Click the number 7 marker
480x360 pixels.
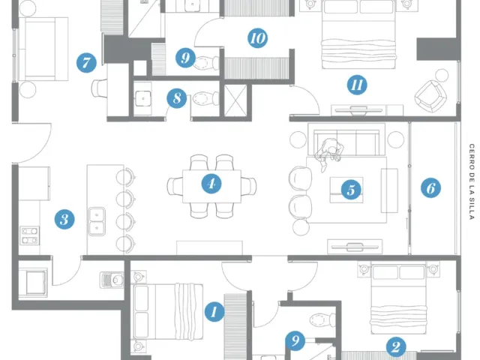tap(86, 63)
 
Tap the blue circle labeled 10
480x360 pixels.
tap(257, 38)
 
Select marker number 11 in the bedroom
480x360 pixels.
tap(357, 85)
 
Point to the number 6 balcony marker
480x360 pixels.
tap(430, 188)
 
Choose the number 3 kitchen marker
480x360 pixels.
tap(64, 219)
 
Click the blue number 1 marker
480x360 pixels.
tap(214, 312)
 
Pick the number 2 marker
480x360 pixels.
tap(396, 346)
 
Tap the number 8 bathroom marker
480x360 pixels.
tap(177, 98)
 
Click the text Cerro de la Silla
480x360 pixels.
tap(472, 181)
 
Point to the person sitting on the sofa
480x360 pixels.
tap(328, 152)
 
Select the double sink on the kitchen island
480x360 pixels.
tap(97, 221)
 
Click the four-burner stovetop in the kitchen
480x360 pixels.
tap(30, 235)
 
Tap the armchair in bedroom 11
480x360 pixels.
tap(430, 96)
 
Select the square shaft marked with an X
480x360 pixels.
tap(235, 100)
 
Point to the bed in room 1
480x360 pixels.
tap(168, 312)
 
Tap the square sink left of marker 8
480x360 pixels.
tap(142, 98)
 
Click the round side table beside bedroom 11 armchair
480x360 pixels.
tap(442, 75)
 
